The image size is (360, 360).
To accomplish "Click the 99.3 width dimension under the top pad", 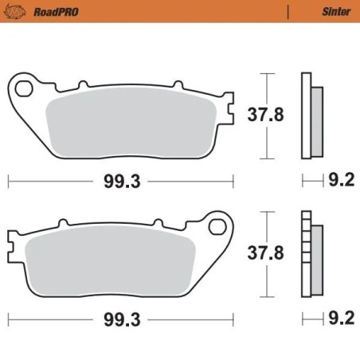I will pyautogui.click(x=122, y=182).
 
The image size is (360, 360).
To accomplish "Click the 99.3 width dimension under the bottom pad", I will pyautogui.click(x=122, y=322).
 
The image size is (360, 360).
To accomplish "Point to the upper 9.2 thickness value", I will pyautogui.click(x=341, y=182).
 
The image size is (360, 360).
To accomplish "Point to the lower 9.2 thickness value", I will pyautogui.click(x=341, y=322).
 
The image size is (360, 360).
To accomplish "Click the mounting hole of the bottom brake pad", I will pyautogui.click(x=217, y=227).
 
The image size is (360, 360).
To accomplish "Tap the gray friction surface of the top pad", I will pyautogui.click(x=127, y=123).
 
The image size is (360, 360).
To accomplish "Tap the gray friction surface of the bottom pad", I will pyautogui.click(x=112, y=263).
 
